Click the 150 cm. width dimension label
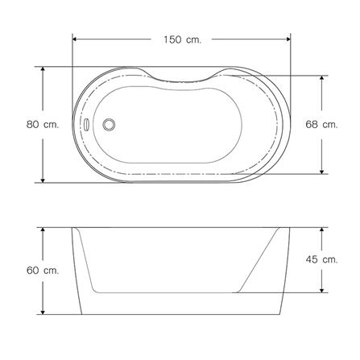point(182,39)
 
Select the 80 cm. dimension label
point(43,125)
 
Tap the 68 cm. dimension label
point(321,124)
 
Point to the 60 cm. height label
point(43,271)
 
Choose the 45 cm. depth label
point(321,259)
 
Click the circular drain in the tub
point(109,124)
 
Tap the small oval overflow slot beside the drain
point(86,125)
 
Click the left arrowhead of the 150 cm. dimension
point(75,39)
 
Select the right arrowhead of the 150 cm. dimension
point(288,39)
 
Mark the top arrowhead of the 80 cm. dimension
point(43,69)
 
